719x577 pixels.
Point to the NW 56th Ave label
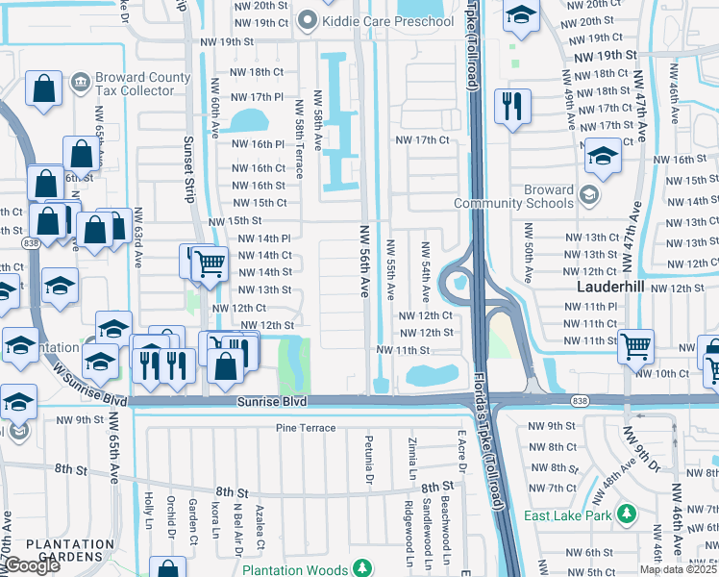(x=364, y=262)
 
